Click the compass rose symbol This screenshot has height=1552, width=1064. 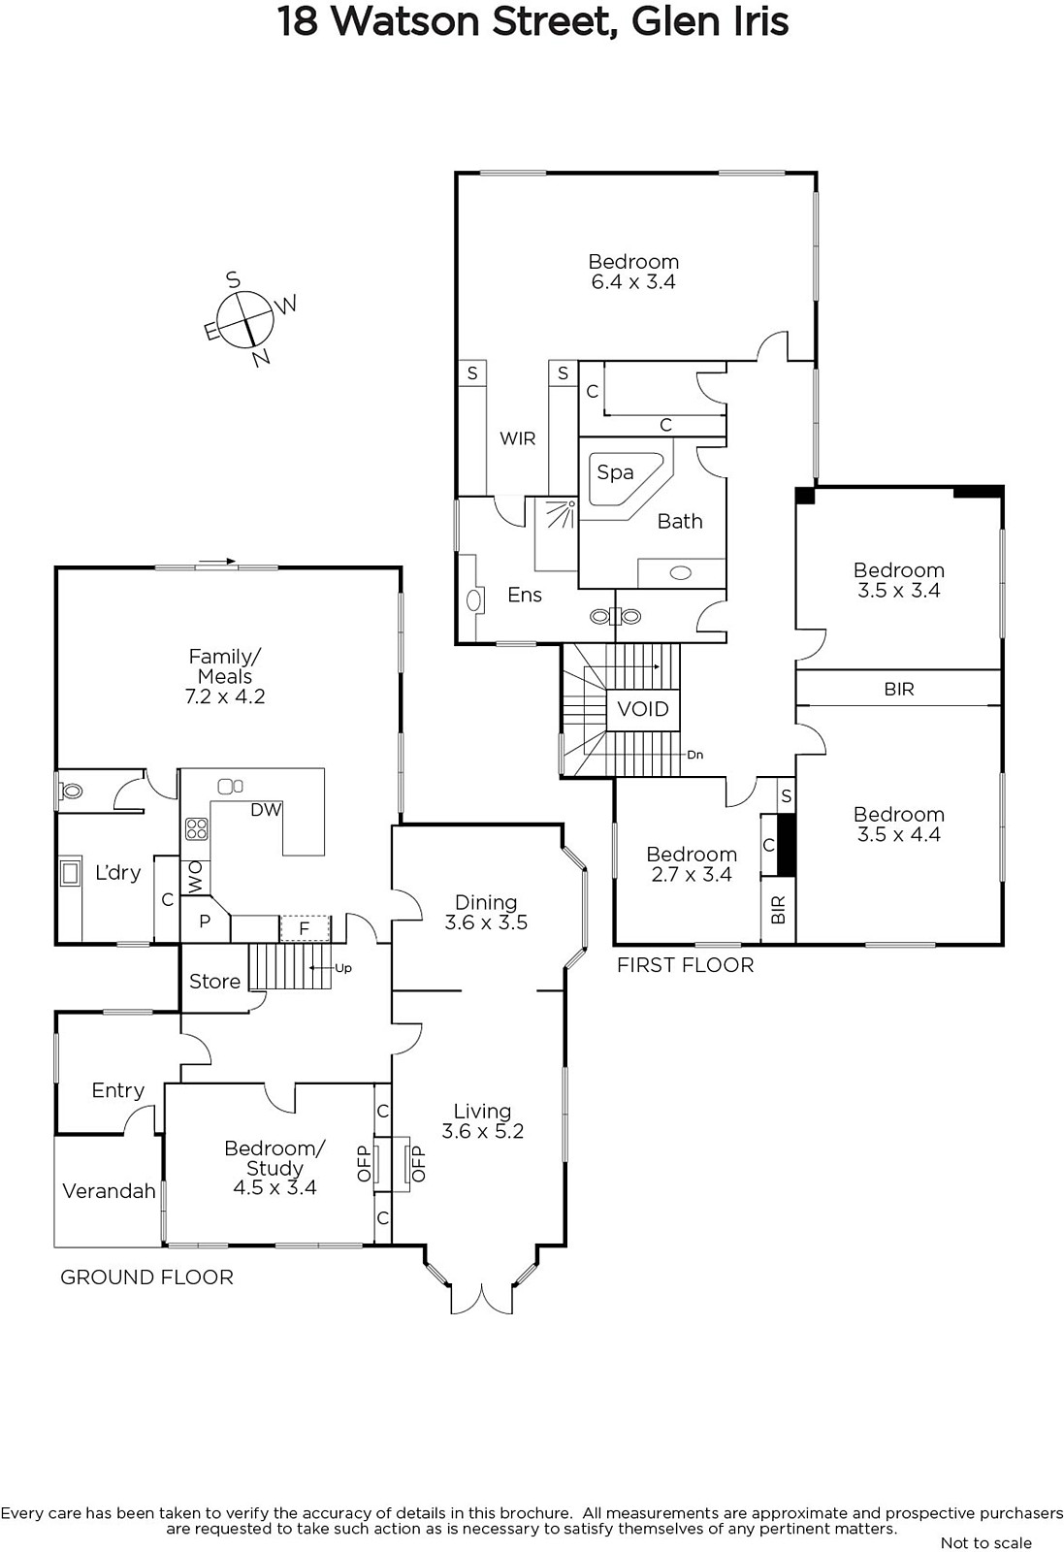coord(247,319)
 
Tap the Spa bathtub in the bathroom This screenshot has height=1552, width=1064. coord(628,479)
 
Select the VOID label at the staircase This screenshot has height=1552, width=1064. coord(643,709)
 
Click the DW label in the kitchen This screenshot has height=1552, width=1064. coord(266,809)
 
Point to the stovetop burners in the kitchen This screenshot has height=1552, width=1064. coord(196,829)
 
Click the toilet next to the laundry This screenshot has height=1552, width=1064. coord(70,791)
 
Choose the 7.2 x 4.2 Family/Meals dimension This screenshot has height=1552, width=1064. coord(224,696)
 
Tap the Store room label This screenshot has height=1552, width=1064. coord(214,981)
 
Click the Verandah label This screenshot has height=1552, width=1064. coord(109,1191)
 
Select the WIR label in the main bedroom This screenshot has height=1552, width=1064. coord(518,438)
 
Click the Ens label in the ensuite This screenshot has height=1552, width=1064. coord(525,595)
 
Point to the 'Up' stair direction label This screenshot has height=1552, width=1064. coord(343,968)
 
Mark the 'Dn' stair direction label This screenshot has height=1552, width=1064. coord(694,755)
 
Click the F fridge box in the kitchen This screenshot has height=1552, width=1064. coord(305,928)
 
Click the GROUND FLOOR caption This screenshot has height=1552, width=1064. coord(146,1277)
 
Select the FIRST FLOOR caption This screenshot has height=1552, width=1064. coord(685,965)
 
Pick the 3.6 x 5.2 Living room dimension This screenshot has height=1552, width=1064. coord(482,1131)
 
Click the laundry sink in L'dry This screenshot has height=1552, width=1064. coord(70,873)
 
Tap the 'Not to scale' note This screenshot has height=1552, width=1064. coord(985,1543)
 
